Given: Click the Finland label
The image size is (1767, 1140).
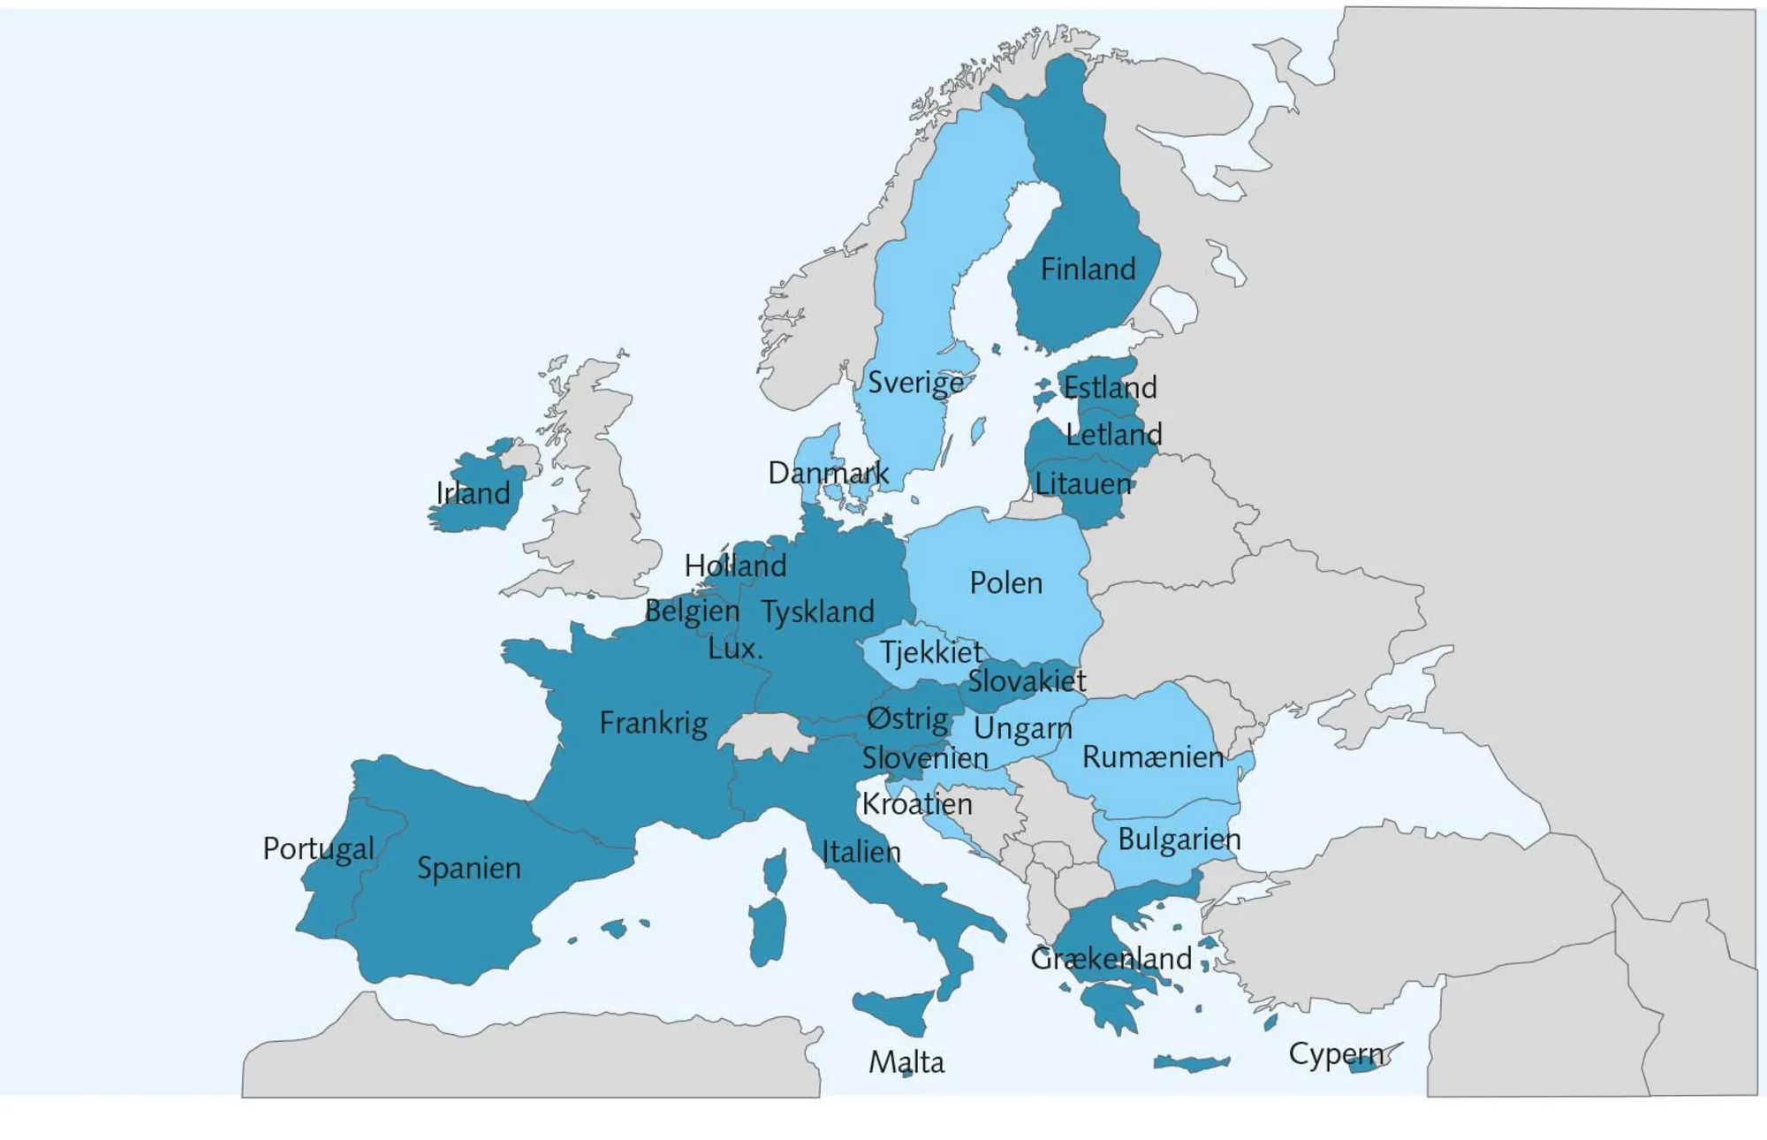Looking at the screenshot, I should click(x=1088, y=269).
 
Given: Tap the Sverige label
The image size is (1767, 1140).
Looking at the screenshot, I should click(x=915, y=383).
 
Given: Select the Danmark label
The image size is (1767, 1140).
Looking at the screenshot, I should click(x=828, y=473).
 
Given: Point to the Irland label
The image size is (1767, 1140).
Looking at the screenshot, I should click(x=474, y=493).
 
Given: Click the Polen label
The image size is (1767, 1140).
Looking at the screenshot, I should click(x=1005, y=583).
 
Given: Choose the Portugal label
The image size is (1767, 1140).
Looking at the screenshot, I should click(x=318, y=849).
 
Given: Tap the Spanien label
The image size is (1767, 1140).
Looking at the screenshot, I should click(x=468, y=868).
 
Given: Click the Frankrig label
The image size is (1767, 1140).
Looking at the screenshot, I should click(x=653, y=723).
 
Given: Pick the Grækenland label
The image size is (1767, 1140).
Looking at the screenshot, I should click(x=1111, y=958).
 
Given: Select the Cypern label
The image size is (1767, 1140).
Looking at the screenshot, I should click(x=1336, y=1053).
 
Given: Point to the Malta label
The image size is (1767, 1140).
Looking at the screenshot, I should click(x=906, y=1061).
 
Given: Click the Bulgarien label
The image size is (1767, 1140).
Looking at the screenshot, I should click(x=1179, y=839).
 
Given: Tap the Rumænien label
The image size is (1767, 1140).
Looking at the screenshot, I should click(x=1152, y=757).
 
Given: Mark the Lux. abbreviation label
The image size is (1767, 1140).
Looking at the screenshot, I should click(x=735, y=649).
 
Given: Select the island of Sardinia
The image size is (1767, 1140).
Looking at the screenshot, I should click(x=768, y=932).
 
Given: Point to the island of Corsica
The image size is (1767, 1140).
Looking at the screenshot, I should click(x=776, y=870).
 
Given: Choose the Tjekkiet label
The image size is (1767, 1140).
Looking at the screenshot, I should click(x=930, y=652).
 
